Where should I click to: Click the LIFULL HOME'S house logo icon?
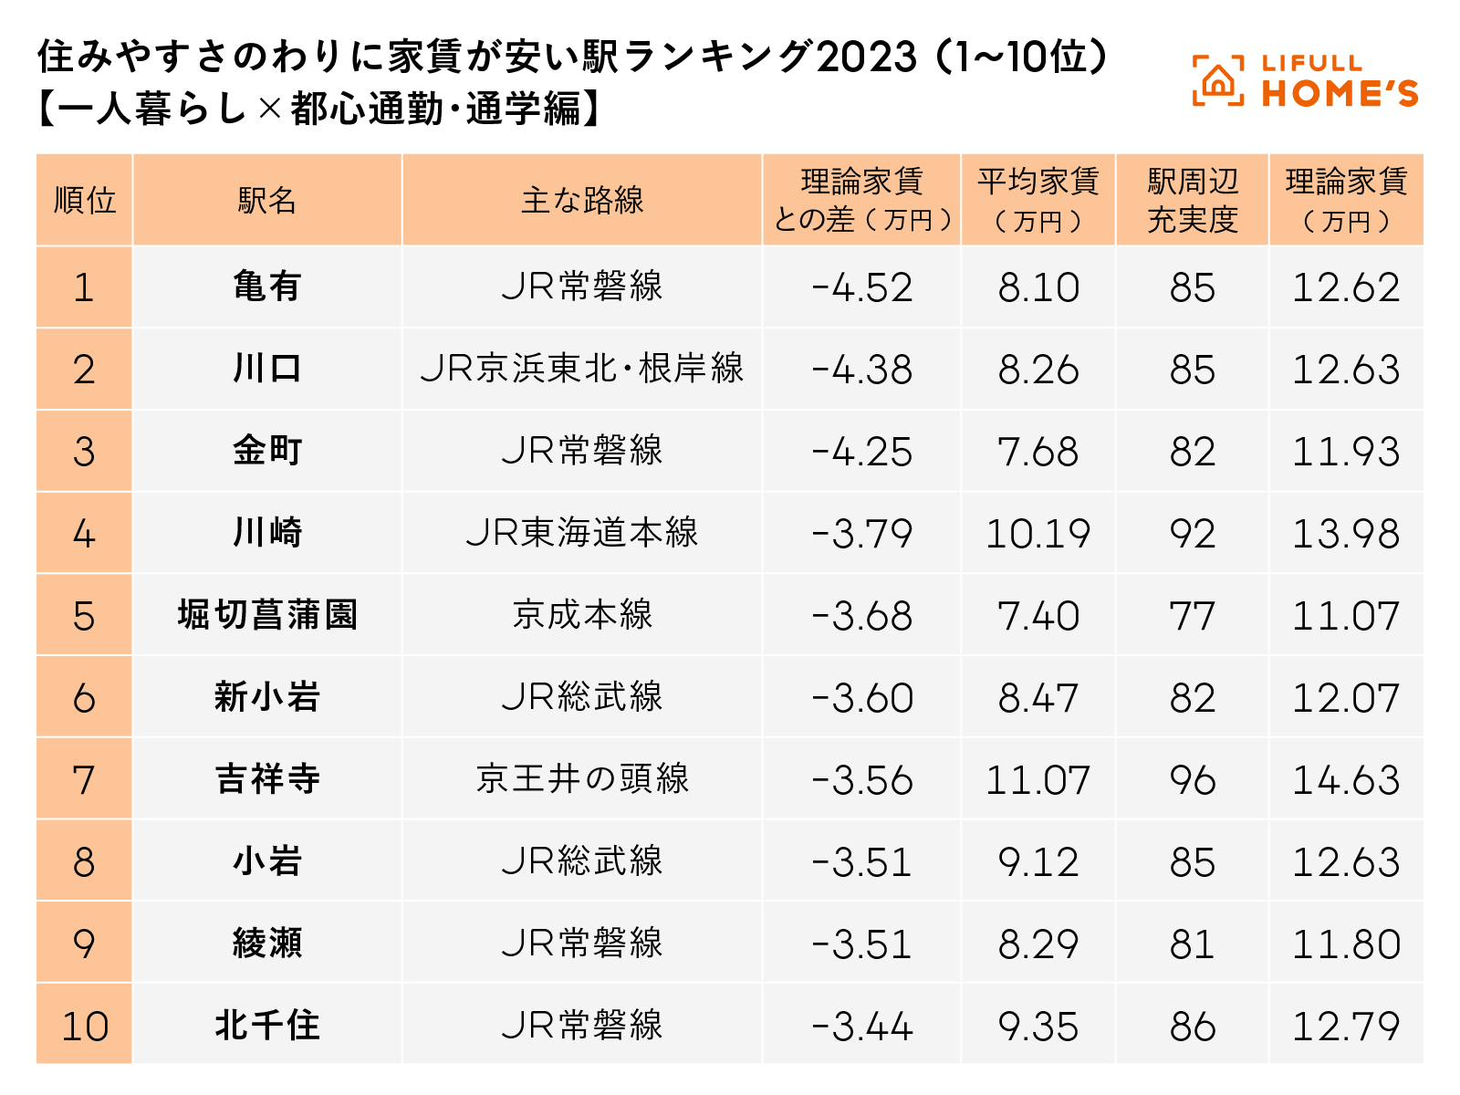(1217, 81)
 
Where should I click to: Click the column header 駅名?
(266, 200)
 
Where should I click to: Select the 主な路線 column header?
(582, 200)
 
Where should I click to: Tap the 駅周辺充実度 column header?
(1192, 200)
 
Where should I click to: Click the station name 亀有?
(266, 287)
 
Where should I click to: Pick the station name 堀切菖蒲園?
(266, 615)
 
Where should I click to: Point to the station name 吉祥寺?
(266, 779)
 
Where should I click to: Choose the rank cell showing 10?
(84, 1026)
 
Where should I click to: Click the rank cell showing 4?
(84, 534)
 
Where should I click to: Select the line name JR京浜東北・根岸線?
(582, 370)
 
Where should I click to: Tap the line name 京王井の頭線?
(582, 779)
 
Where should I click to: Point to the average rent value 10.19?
(1038, 534)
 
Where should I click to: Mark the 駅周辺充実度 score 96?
(1192, 780)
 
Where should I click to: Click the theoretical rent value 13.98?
(1346, 534)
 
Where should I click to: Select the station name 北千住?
(266, 1026)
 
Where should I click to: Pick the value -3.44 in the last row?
(861, 1027)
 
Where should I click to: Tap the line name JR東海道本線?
(582, 533)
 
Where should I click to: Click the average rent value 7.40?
(1038, 616)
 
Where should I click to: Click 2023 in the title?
(866, 57)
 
